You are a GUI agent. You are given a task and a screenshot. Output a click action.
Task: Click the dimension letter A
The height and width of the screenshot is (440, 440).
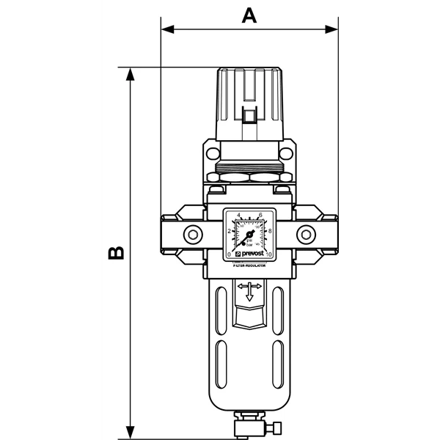250,15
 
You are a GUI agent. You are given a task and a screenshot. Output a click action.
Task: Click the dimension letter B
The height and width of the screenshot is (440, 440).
114,254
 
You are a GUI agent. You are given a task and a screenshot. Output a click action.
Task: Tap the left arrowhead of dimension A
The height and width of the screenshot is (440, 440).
166,30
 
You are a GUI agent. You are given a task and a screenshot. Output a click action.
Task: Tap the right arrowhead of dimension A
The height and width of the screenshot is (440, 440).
334,30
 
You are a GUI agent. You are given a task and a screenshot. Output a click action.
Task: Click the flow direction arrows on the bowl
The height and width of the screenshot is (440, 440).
250,291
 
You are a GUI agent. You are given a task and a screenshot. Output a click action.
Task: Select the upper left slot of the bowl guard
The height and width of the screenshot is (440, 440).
220,308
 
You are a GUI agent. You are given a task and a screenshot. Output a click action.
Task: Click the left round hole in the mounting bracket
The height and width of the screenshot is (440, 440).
212,154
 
